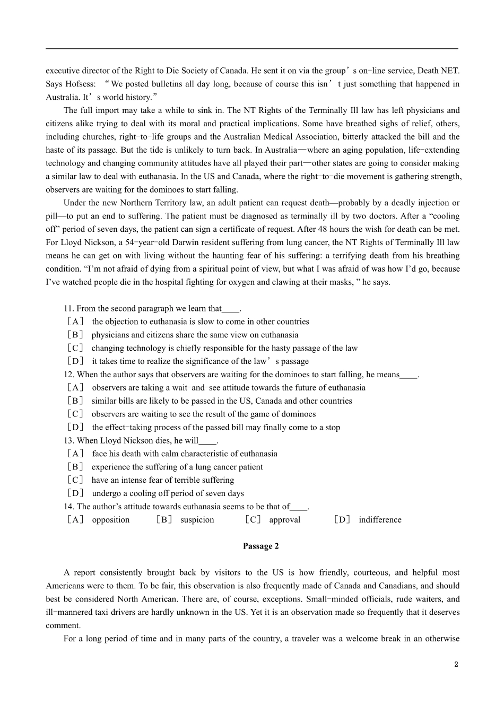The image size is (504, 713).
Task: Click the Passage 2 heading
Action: click(x=260, y=546)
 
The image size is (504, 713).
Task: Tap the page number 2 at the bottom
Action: click(x=456, y=664)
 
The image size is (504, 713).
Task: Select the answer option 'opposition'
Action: click(x=110, y=519)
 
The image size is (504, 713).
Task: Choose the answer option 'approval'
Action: click(x=284, y=519)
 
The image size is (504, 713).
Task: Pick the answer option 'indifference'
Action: click(x=380, y=519)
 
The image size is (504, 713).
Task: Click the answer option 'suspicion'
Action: click(x=197, y=519)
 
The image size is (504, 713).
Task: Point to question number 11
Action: click(x=68, y=308)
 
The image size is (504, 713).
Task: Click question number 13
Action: click(x=68, y=440)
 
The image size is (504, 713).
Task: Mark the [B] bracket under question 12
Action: click(x=75, y=401)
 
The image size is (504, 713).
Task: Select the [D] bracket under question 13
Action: click(x=75, y=493)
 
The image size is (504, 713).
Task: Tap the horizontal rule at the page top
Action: click(x=252, y=48)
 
